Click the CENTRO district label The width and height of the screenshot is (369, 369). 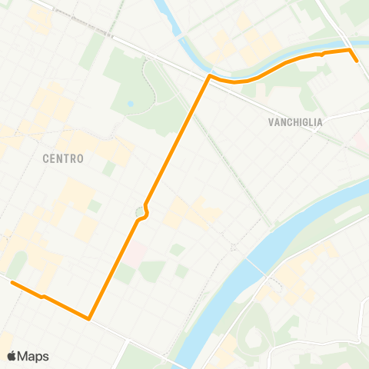click(x=64, y=159)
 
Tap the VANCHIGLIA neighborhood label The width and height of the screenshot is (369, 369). click(x=295, y=121)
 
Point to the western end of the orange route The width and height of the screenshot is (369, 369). click(x=12, y=283)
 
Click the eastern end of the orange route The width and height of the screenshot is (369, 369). click(x=357, y=60)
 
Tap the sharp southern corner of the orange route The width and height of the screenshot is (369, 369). click(x=90, y=318)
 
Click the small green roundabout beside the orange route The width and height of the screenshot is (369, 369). click(x=140, y=211)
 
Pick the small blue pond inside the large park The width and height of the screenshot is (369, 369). click(x=131, y=103)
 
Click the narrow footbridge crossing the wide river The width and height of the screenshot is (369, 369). click(x=258, y=268)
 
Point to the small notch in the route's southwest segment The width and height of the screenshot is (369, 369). click(x=43, y=296)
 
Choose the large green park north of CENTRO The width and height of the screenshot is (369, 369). click(x=138, y=92)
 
